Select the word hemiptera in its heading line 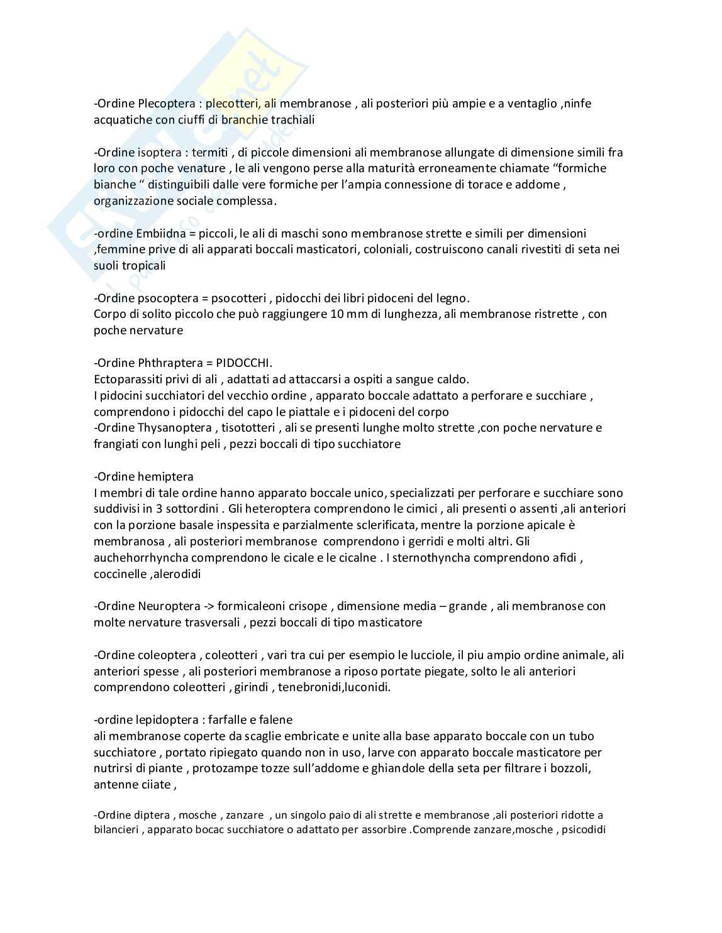[165, 477]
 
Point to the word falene [275, 720]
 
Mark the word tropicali [144, 266]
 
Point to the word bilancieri [117, 829]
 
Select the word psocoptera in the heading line [165, 298]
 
